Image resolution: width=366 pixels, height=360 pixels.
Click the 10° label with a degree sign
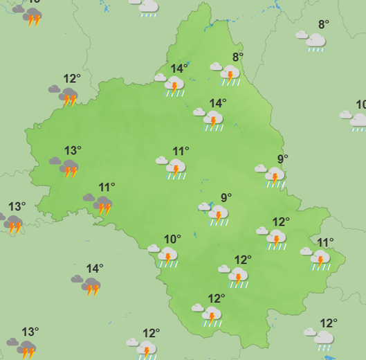[x=172, y=240]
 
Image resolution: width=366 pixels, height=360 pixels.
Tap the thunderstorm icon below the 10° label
[x=167, y=257]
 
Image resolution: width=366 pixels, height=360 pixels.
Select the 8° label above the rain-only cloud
[x=323, y=25]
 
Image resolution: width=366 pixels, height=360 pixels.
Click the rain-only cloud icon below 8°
[x=315, y=42]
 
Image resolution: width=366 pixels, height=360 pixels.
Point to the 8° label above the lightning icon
[x=238, y=57]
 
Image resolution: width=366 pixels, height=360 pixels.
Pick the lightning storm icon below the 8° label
[x=229, y=73]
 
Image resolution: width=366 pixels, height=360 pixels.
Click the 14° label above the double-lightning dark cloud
[x=95, y=268]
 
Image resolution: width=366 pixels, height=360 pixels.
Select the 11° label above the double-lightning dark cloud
[x=107, y=187]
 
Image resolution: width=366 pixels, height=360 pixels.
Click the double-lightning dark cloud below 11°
[x=102, y=205]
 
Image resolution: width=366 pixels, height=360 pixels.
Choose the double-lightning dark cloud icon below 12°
[x=68, y=96]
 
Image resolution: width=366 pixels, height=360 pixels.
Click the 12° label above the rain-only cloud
[x=329, y=323]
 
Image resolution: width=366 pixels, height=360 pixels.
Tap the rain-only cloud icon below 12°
[x=323, y=339]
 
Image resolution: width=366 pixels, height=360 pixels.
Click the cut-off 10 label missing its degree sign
[x=360, y=105]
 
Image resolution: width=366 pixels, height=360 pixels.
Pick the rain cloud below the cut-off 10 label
[x=358, y=121]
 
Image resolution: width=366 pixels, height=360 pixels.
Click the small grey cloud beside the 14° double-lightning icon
[x=77, y=279]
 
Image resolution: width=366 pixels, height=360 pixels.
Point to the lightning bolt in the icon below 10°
[x=167, y=257]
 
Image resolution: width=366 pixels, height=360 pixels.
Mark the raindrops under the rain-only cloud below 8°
[x=315, y=50]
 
